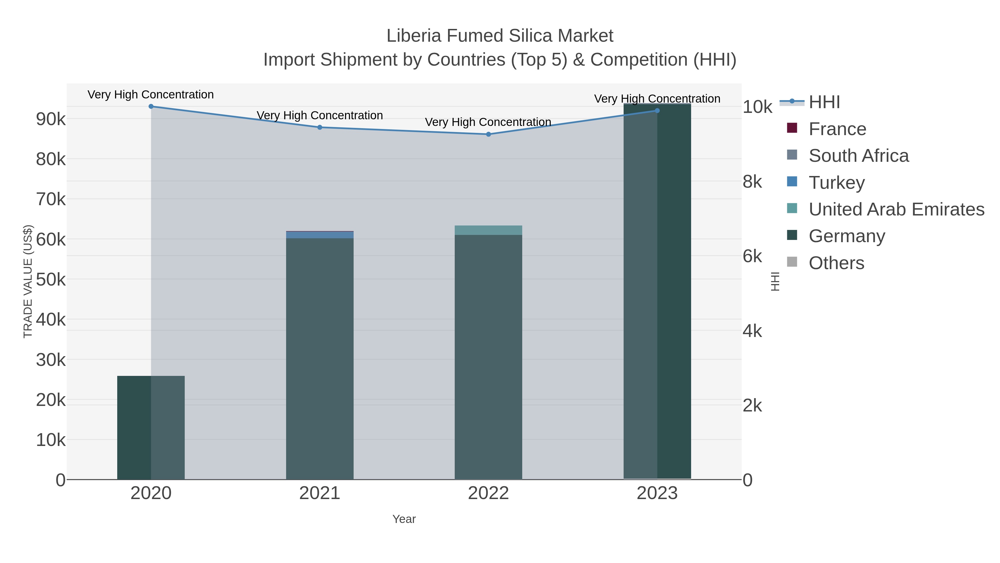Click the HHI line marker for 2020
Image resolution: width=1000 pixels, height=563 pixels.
(x=151, y=106)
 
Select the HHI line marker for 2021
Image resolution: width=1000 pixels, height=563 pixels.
(x=320, y=127)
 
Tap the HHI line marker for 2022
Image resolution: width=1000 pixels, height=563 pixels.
(x=488, y=135)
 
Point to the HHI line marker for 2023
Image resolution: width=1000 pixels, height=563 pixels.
(x=657, y=111)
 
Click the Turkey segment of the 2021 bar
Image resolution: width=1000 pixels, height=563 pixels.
(x=320, y=235)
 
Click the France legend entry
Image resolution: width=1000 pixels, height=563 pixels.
(x=837, y=129)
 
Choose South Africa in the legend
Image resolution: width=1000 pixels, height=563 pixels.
(x=858, y=156)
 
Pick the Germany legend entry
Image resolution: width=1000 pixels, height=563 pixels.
(x=847, y=236)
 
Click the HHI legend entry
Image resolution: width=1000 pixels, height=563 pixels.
(x=824, y=102)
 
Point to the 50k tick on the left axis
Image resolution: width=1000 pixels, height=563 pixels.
(x=51, y=280)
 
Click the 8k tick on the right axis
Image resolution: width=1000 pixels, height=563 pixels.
(x=752, y=182)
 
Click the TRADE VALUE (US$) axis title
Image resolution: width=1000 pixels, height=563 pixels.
(x=28, y=281)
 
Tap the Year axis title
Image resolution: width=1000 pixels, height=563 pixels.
(x=404, y=519)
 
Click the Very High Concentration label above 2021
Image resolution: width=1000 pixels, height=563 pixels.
(x=320, y=115)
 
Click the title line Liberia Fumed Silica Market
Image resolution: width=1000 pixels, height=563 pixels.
(x=500, y=36)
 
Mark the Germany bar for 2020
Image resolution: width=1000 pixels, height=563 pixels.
(x=134, y=427)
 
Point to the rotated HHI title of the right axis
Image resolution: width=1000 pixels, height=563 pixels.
(x=775, y=281)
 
